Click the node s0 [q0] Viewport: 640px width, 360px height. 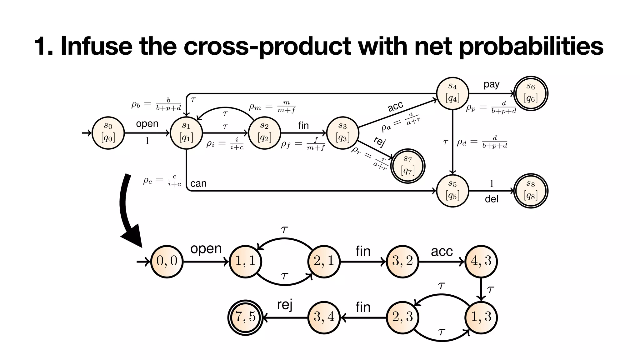point(108,133)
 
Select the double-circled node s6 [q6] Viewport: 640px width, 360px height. point(531,94)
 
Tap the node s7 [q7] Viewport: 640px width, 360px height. point(408,166)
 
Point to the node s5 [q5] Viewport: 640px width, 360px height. point(452,191)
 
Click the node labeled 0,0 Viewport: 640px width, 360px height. point(167,261)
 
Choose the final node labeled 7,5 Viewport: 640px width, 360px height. point(245,317)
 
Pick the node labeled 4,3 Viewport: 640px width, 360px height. point(481,261)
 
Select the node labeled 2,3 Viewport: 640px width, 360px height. point(402,317)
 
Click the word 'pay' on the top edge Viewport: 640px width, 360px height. point(491,84)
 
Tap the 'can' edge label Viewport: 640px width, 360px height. point(198,183)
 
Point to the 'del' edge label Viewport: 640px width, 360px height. point(491,199)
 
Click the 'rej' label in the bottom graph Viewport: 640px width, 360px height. point(284,305)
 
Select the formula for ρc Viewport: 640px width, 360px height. point(162,181)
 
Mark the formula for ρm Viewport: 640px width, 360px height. point(272,107)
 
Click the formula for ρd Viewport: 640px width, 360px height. point(482,142)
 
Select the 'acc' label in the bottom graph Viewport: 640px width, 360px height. point(442,251)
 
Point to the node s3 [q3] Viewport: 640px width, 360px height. point(342,133)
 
